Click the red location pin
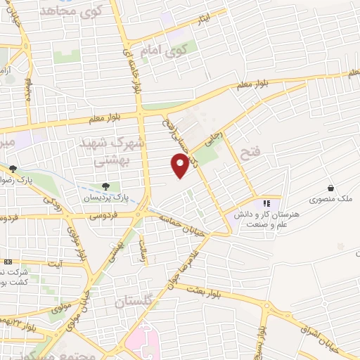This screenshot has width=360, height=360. coord(181,166)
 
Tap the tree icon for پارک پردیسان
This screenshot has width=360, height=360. coord(105,186)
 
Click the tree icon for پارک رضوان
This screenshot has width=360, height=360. coord(13,169)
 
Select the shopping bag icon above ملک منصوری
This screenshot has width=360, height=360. coord(330,188)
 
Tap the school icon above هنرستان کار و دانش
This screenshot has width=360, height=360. coord(265,204)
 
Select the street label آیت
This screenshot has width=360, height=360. coord(54,264)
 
